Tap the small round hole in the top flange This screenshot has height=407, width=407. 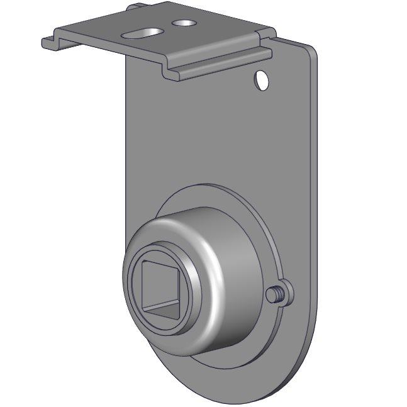184,23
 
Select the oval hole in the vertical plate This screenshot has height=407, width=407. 261,80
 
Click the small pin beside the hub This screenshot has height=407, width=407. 274,294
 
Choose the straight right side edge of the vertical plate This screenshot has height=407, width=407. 315,189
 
